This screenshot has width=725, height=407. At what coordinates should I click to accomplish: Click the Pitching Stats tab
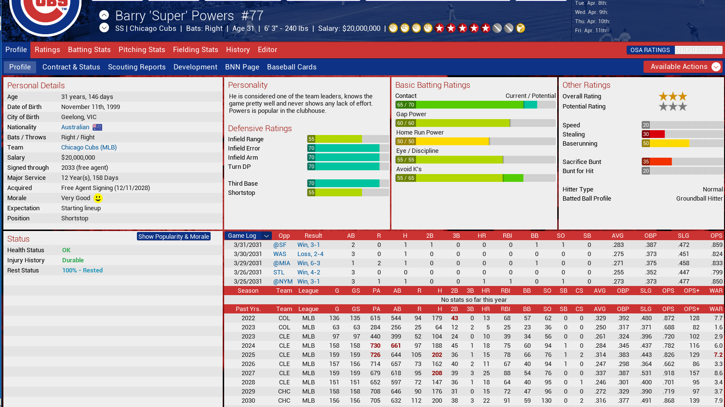142,50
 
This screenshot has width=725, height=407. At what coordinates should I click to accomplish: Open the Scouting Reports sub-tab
136,67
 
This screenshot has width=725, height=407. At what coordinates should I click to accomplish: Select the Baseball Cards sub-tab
292,67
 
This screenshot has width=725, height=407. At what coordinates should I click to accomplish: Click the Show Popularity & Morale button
174,236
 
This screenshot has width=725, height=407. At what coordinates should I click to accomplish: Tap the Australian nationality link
75,127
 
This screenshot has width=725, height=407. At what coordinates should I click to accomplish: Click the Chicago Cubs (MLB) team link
89,148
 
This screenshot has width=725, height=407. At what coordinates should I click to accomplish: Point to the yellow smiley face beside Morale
98,198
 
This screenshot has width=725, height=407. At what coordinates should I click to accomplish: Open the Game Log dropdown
267,236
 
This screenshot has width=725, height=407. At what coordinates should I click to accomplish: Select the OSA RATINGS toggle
650,50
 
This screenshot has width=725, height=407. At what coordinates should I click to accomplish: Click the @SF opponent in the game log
280,245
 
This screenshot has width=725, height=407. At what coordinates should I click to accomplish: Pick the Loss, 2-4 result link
310,254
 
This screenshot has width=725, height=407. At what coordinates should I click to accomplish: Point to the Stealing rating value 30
646,135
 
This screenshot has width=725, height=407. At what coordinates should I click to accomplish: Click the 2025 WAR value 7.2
718,355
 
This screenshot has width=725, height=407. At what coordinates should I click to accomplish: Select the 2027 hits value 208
437,373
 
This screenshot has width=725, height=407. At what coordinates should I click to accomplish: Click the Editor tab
267,50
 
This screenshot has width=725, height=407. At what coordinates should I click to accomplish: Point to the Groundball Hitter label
699,199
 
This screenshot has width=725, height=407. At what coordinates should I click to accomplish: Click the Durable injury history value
73,260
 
